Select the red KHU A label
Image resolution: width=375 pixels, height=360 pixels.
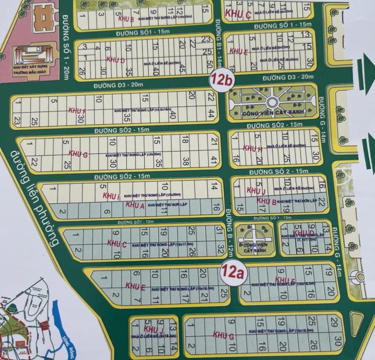pyautogui.click(x=135, y=206)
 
